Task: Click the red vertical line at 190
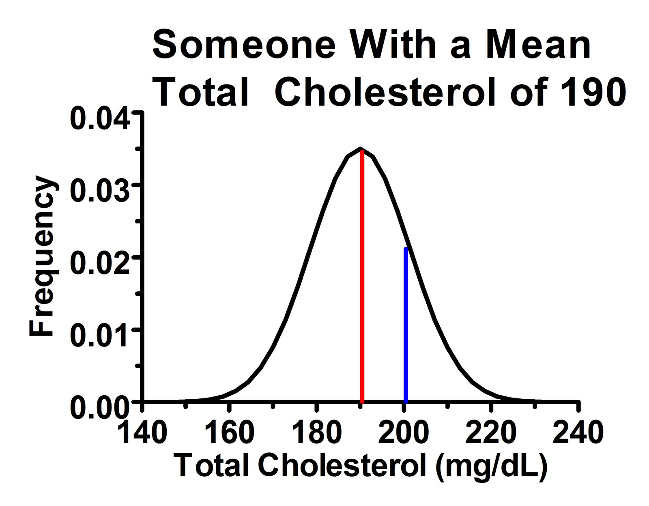(x=362, y=276)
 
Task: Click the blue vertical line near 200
(x=406, y=325)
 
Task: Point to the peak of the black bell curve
(x=361, y=149)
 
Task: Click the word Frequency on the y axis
(x=41, y=256)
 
